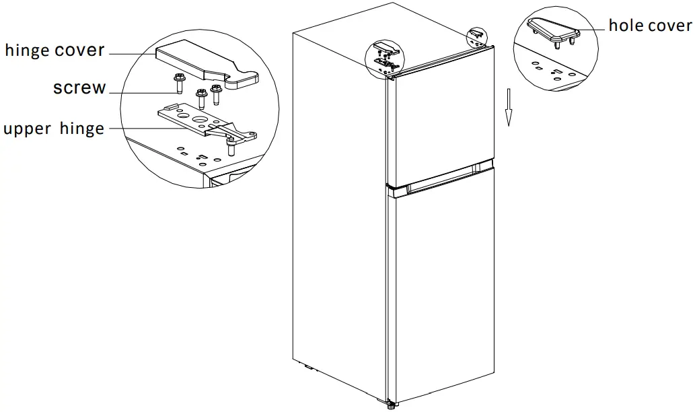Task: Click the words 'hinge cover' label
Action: pyautogui.click(x=55, y=50)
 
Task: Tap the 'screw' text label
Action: pyautogui.click(x=79, y=88)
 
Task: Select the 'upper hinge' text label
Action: pyautogui.click(x=54, y=129)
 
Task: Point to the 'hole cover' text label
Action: pyautogui.click(x=649, y=26)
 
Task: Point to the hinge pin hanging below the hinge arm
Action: pyautogui.click(x=231, y=146)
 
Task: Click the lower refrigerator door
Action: pyautogui.click(x=441, y=283)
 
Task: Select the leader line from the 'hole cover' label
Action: pyautogui.click(x=592, y=28)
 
